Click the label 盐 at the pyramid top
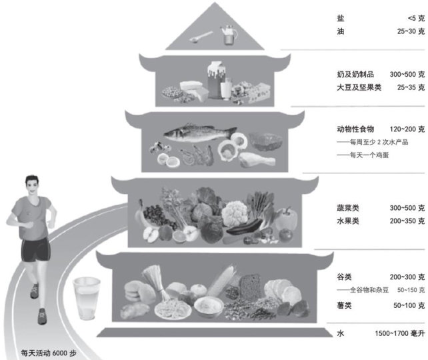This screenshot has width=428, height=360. click(x=342, y=19)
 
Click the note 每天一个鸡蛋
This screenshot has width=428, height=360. click(x=366, y=155)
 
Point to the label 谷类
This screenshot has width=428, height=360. click(x=345, y=276)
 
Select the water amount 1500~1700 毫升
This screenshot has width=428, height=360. click(x=393, y=332)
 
